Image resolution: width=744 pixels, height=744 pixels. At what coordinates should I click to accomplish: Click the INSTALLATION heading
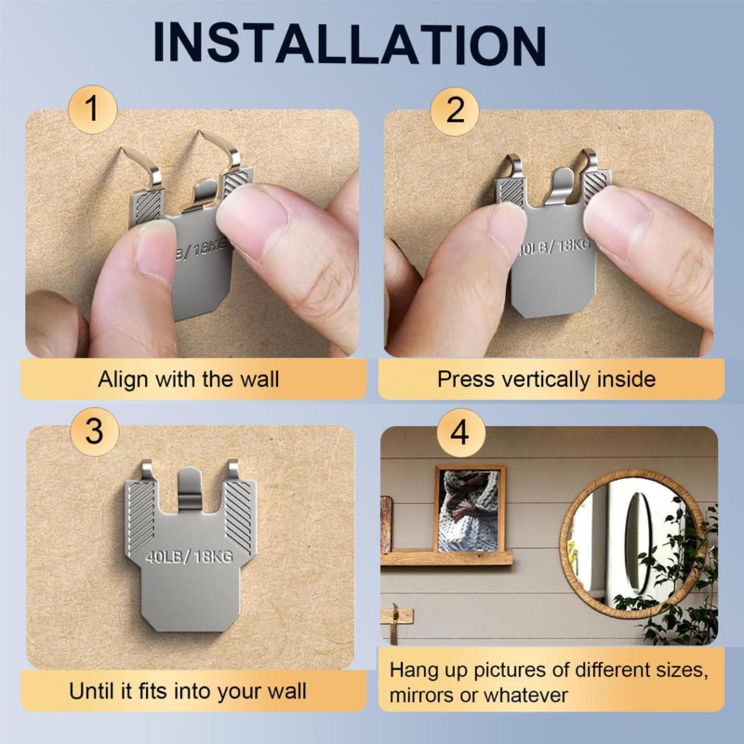pos(349,45)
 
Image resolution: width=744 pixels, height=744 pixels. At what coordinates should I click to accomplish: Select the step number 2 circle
pos(455,111)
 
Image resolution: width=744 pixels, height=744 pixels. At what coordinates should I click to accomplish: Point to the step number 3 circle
pos(94,432)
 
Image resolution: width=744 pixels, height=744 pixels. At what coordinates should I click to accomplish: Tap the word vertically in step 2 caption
pos(547,379)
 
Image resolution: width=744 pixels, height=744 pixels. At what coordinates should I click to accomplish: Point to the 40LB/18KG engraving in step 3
pos(189,556)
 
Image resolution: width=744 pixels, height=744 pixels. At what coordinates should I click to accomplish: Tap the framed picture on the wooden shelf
pos(470,509)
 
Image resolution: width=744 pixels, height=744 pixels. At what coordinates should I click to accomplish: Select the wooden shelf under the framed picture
pos(446,557)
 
